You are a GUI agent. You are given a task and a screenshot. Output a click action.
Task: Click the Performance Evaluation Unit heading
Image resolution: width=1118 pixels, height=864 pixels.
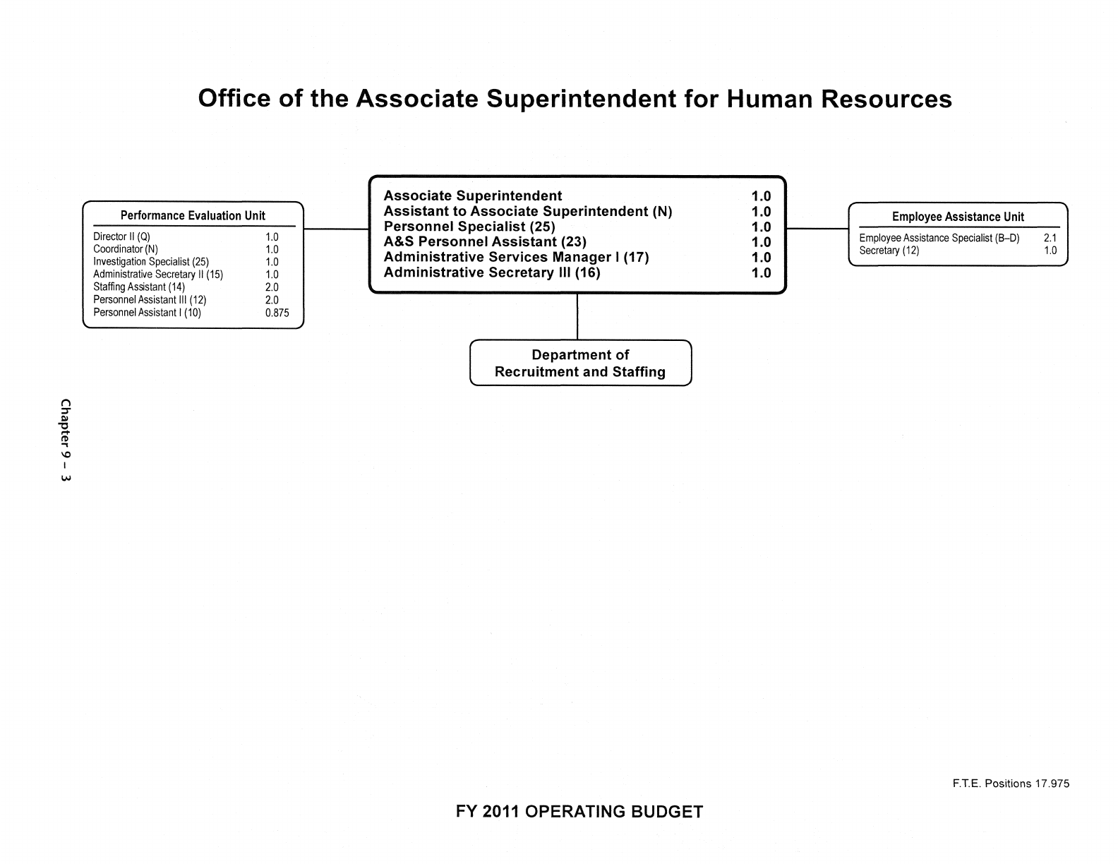coord(193,216)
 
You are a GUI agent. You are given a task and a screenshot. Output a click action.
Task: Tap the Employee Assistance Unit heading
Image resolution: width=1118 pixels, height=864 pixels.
coord(958,217)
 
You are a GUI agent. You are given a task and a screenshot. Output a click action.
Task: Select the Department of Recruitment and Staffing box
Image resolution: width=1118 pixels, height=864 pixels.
coord(580,364)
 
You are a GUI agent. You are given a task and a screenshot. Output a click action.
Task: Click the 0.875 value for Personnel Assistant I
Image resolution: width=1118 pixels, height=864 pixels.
coord(277,313)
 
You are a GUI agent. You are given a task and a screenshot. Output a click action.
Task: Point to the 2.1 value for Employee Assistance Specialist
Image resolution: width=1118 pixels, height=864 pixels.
coord(1050,239)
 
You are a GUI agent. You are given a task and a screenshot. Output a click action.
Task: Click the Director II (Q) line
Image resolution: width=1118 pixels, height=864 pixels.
coord(122,237)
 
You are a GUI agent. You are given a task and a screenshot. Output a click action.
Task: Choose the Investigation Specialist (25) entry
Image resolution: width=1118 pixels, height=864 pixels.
coord(151,262)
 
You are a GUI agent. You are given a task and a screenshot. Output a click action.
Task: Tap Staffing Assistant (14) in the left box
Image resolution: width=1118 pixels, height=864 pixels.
coord(139,287)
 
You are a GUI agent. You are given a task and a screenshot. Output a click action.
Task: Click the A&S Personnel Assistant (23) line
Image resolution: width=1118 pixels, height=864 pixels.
coord(485,242)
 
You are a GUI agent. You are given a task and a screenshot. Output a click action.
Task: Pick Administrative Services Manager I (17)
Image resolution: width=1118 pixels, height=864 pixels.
coord(516,257)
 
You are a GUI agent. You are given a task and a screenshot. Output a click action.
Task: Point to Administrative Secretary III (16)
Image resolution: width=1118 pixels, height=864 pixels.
coord(492,272)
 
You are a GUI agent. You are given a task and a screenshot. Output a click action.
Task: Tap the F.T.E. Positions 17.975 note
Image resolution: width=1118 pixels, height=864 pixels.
coord(1009,784)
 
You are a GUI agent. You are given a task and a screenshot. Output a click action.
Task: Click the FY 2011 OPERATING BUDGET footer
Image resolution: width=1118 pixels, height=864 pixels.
coord(579,812)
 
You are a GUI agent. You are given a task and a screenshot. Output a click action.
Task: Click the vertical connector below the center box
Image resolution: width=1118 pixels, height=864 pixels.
coord(577,317)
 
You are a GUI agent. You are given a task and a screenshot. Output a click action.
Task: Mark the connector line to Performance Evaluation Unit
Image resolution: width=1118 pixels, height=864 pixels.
coord(336,229)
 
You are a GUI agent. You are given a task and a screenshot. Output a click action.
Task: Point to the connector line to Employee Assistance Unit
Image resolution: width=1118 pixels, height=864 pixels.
coord(817,229)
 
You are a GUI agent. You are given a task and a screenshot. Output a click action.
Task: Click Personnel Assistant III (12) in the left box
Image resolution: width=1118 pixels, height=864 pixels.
coord(150,300)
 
